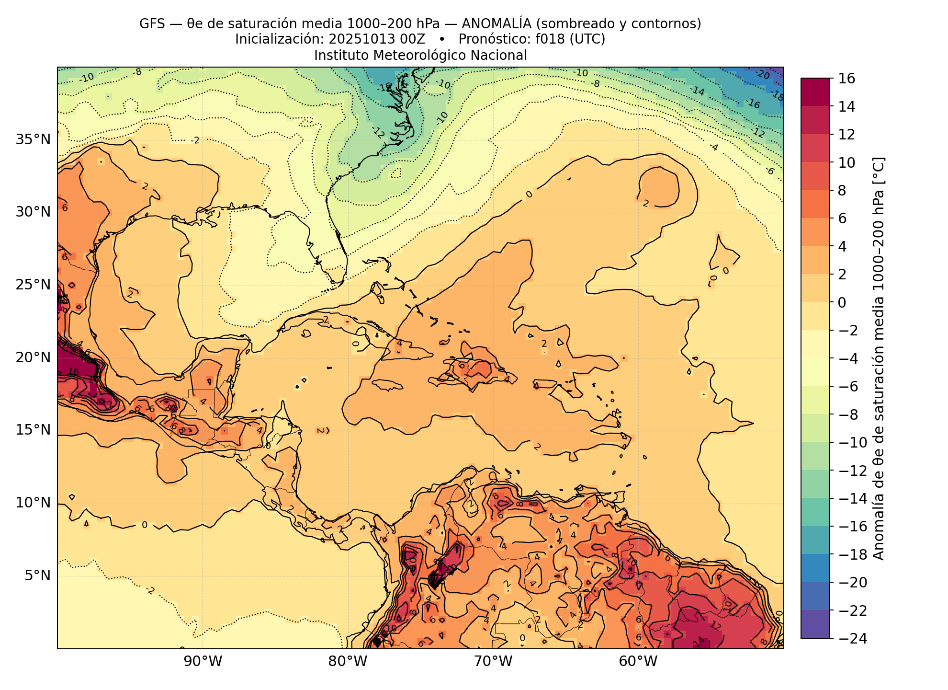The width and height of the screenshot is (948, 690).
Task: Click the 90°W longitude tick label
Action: pos(203,662)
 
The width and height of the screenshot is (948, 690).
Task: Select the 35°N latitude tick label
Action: pos(33,140)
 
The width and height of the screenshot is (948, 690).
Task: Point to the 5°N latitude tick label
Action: pos(37,575)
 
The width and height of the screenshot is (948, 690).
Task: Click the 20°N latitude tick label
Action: pos(33,357)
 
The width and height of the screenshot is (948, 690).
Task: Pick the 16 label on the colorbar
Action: pos(847,79)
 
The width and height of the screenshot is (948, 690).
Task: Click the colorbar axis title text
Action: pos(879,358)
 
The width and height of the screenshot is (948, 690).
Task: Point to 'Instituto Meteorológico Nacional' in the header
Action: pos(420,56)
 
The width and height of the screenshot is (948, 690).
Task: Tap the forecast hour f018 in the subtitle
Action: pos(551,39)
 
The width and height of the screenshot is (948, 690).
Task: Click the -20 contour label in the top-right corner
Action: pos(762,75)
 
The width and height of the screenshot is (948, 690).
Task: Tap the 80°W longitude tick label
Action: pos(348,662)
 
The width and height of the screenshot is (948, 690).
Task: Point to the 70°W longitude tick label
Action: pos(493,662)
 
